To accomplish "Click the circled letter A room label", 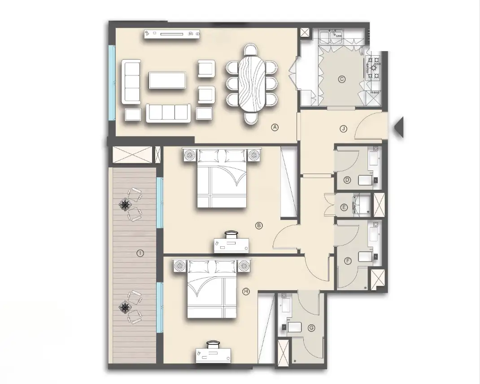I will (275, 127).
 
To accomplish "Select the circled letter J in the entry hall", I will (343, 129).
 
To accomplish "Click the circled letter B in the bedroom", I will (259, 226).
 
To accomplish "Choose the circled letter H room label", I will (245, 292).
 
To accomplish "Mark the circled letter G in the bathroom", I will (311, 328).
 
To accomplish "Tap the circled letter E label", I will (344, 207).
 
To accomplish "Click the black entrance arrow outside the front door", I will (399, 127).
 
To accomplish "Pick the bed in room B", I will (222, 184).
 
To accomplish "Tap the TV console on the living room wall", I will (172, 33).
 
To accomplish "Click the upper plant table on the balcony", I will (125, 205).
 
